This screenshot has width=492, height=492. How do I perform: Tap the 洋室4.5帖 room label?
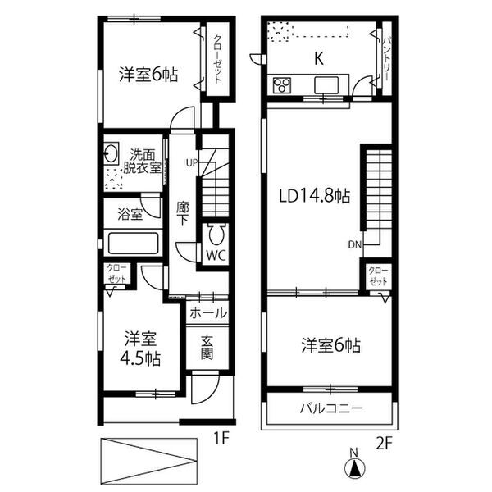tap(142, 348)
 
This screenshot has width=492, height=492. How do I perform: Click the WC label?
tap(216, 254)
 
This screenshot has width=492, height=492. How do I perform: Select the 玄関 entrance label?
tap(208, 349)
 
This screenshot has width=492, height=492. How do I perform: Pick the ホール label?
tap(208, 312)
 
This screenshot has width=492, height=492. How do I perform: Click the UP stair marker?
tap(192, 162)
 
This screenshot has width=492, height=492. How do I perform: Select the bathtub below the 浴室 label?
tap(134, 244)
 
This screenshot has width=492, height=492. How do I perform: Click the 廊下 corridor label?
tap(184, 214)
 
